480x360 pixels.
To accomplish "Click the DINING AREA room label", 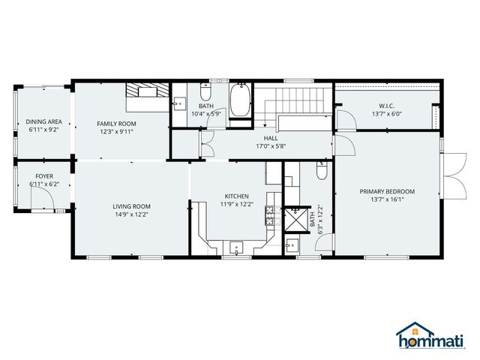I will (44, 121).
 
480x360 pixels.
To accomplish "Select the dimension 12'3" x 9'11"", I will (116, 131).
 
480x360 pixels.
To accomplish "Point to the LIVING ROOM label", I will (132, 206).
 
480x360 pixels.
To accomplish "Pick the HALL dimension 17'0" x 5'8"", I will (271, 146).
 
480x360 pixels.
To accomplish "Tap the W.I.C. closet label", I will (387, 105).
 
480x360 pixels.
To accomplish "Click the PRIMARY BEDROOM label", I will (387, 191).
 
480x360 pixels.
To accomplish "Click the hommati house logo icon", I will (409, 331).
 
